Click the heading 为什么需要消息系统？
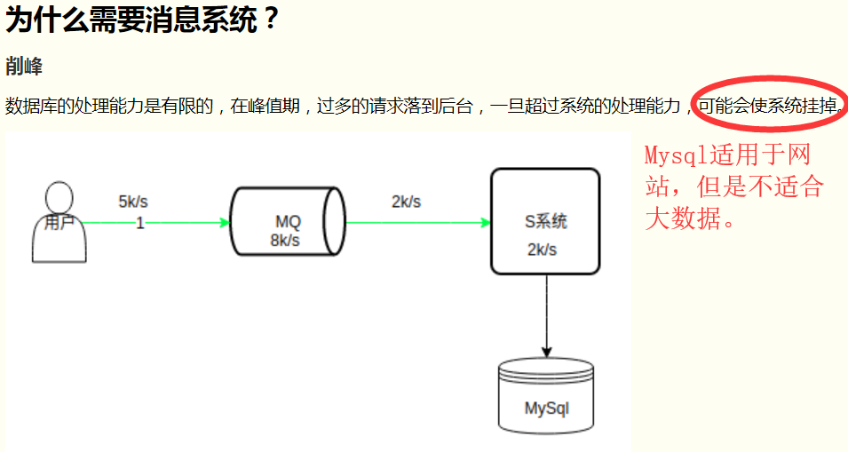pos(143,20)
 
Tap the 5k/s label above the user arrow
pos(132,202)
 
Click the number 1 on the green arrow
pos(139,223)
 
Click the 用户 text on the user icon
pos(59,223)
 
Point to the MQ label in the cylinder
pos(288,222)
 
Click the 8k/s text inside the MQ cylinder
pos(285,240)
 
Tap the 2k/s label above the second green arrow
pos(406,202)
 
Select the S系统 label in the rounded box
pos(545,222)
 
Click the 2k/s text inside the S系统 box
pos(542,250)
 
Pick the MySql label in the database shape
pos(546,408)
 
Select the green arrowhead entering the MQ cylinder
pos(225,222)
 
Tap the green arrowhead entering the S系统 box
pos(485,222)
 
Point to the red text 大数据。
pos(691,218)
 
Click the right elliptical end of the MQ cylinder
pos(334,222)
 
